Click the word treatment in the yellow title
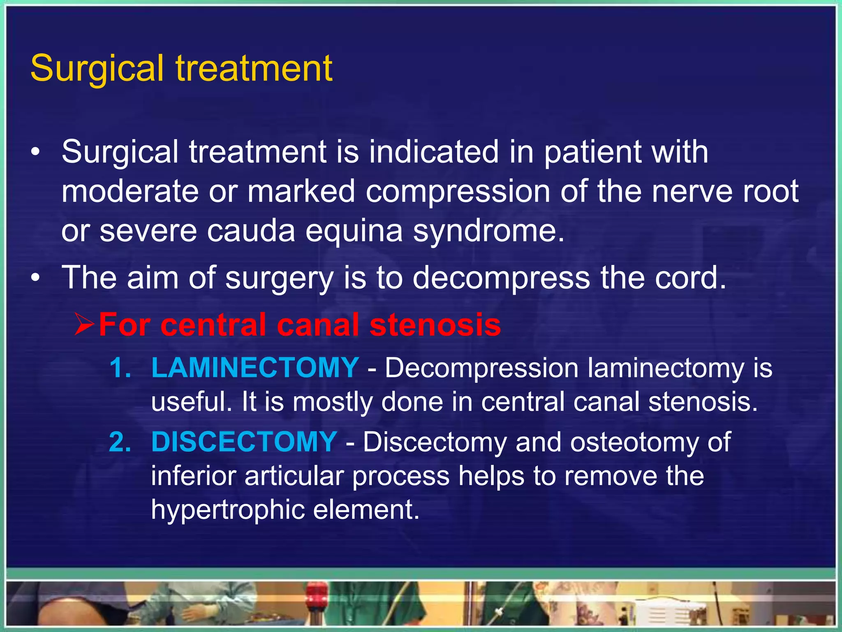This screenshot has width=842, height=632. click(254, 69)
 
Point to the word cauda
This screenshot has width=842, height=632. click(251, 230)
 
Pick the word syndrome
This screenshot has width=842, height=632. click(488, 231)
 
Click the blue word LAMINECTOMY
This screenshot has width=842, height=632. click(255, 367)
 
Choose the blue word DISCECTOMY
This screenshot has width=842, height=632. click(244, 442)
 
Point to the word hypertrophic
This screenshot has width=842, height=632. click(227, 510)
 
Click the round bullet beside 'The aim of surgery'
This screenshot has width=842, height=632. click(36, 278)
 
